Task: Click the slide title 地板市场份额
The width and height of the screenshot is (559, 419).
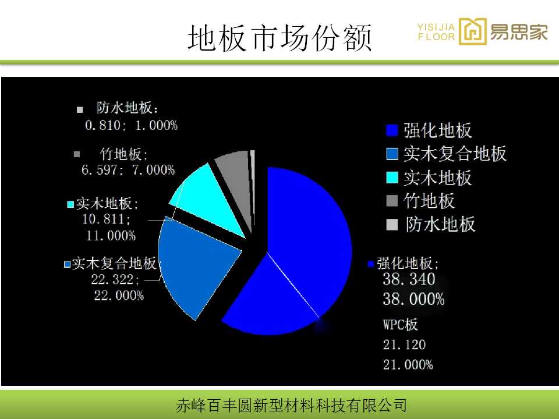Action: point(279,37)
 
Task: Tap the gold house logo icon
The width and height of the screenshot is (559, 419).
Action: point(472,31)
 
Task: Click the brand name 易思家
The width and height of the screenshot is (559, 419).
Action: point(519,31)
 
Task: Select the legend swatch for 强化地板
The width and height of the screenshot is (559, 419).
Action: point(392,130)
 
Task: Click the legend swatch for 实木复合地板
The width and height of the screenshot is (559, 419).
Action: point(392,154)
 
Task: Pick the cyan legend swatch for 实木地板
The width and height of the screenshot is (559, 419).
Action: point(392,177)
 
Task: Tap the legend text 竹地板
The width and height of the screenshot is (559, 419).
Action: point(429,201)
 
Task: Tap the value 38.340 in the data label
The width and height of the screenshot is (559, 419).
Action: point(409,279)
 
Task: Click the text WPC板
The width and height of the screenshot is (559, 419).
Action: point(400,325)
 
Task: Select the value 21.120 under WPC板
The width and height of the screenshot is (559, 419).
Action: point(404,345)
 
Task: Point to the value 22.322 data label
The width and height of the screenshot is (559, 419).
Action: point(115,279)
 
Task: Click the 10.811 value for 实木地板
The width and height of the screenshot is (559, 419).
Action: point(106,219)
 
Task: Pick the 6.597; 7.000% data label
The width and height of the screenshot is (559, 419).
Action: point(128,169)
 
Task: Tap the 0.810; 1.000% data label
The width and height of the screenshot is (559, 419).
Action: point(131,125)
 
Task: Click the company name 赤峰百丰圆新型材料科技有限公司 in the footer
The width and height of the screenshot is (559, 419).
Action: point(291,406)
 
